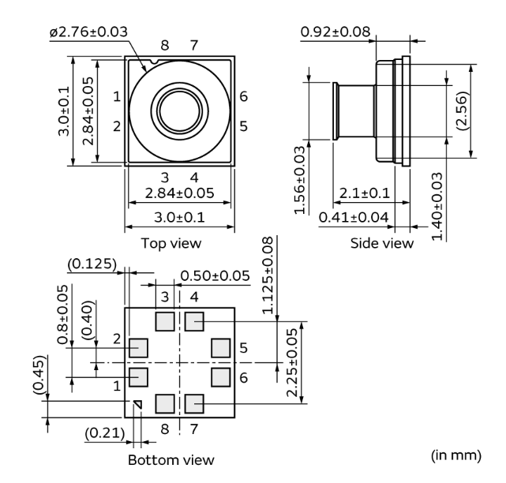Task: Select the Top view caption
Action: [x=171, y=242]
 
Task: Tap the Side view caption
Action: [x=382, y=242]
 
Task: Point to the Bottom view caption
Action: [x=171, y=459]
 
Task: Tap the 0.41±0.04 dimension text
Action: [x=354, y=216]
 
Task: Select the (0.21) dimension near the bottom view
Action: [x=105, y=432]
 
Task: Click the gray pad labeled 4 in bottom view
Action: [x=194, y=320]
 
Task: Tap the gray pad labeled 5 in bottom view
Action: [x=220, y=347]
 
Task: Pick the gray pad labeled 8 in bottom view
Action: [x=165, y=404]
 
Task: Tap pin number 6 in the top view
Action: [x=244, y=95]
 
